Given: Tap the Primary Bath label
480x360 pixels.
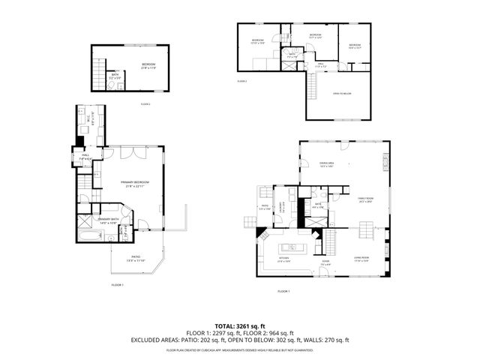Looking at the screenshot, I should click(106, 219).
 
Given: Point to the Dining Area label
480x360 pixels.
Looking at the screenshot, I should click(326, 163).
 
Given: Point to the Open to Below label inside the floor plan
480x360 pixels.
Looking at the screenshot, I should click(341, 93).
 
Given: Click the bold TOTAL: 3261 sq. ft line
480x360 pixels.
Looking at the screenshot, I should click(239, 326).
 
